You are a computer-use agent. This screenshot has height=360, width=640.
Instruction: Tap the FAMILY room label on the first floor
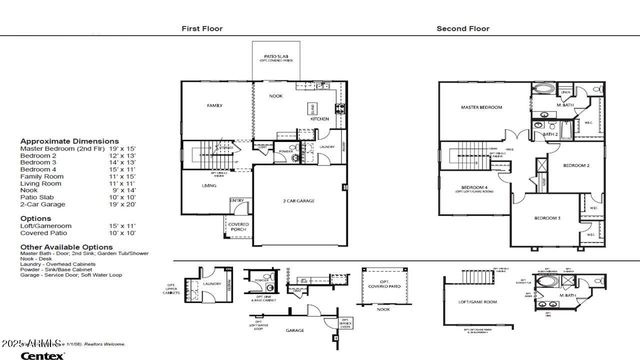click(x=214, y=105)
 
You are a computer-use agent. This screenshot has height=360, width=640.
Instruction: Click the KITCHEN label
click(x=320, y=119)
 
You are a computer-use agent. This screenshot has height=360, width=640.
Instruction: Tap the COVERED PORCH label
click(x=238, y=226)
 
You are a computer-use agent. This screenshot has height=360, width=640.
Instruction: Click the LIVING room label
click(x=209, y=185)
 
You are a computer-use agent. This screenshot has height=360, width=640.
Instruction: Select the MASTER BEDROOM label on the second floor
click(x=481, y=106)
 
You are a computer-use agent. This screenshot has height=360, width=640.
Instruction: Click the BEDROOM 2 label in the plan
click(x=575, y=165)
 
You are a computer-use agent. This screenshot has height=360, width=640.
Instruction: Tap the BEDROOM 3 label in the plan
click(x=546, y=218)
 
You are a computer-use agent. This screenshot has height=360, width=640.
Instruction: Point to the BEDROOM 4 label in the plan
click(x=475, y=188)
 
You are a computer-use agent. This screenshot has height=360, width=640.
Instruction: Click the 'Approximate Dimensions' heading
click(x=69, y=141)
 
